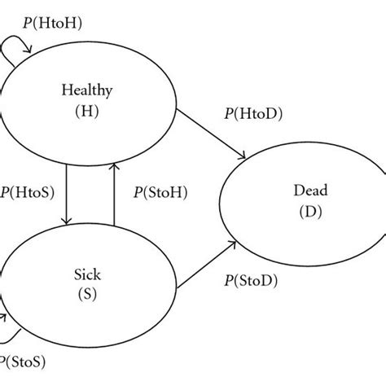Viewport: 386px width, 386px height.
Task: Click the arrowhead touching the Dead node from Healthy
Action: point(245,158)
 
